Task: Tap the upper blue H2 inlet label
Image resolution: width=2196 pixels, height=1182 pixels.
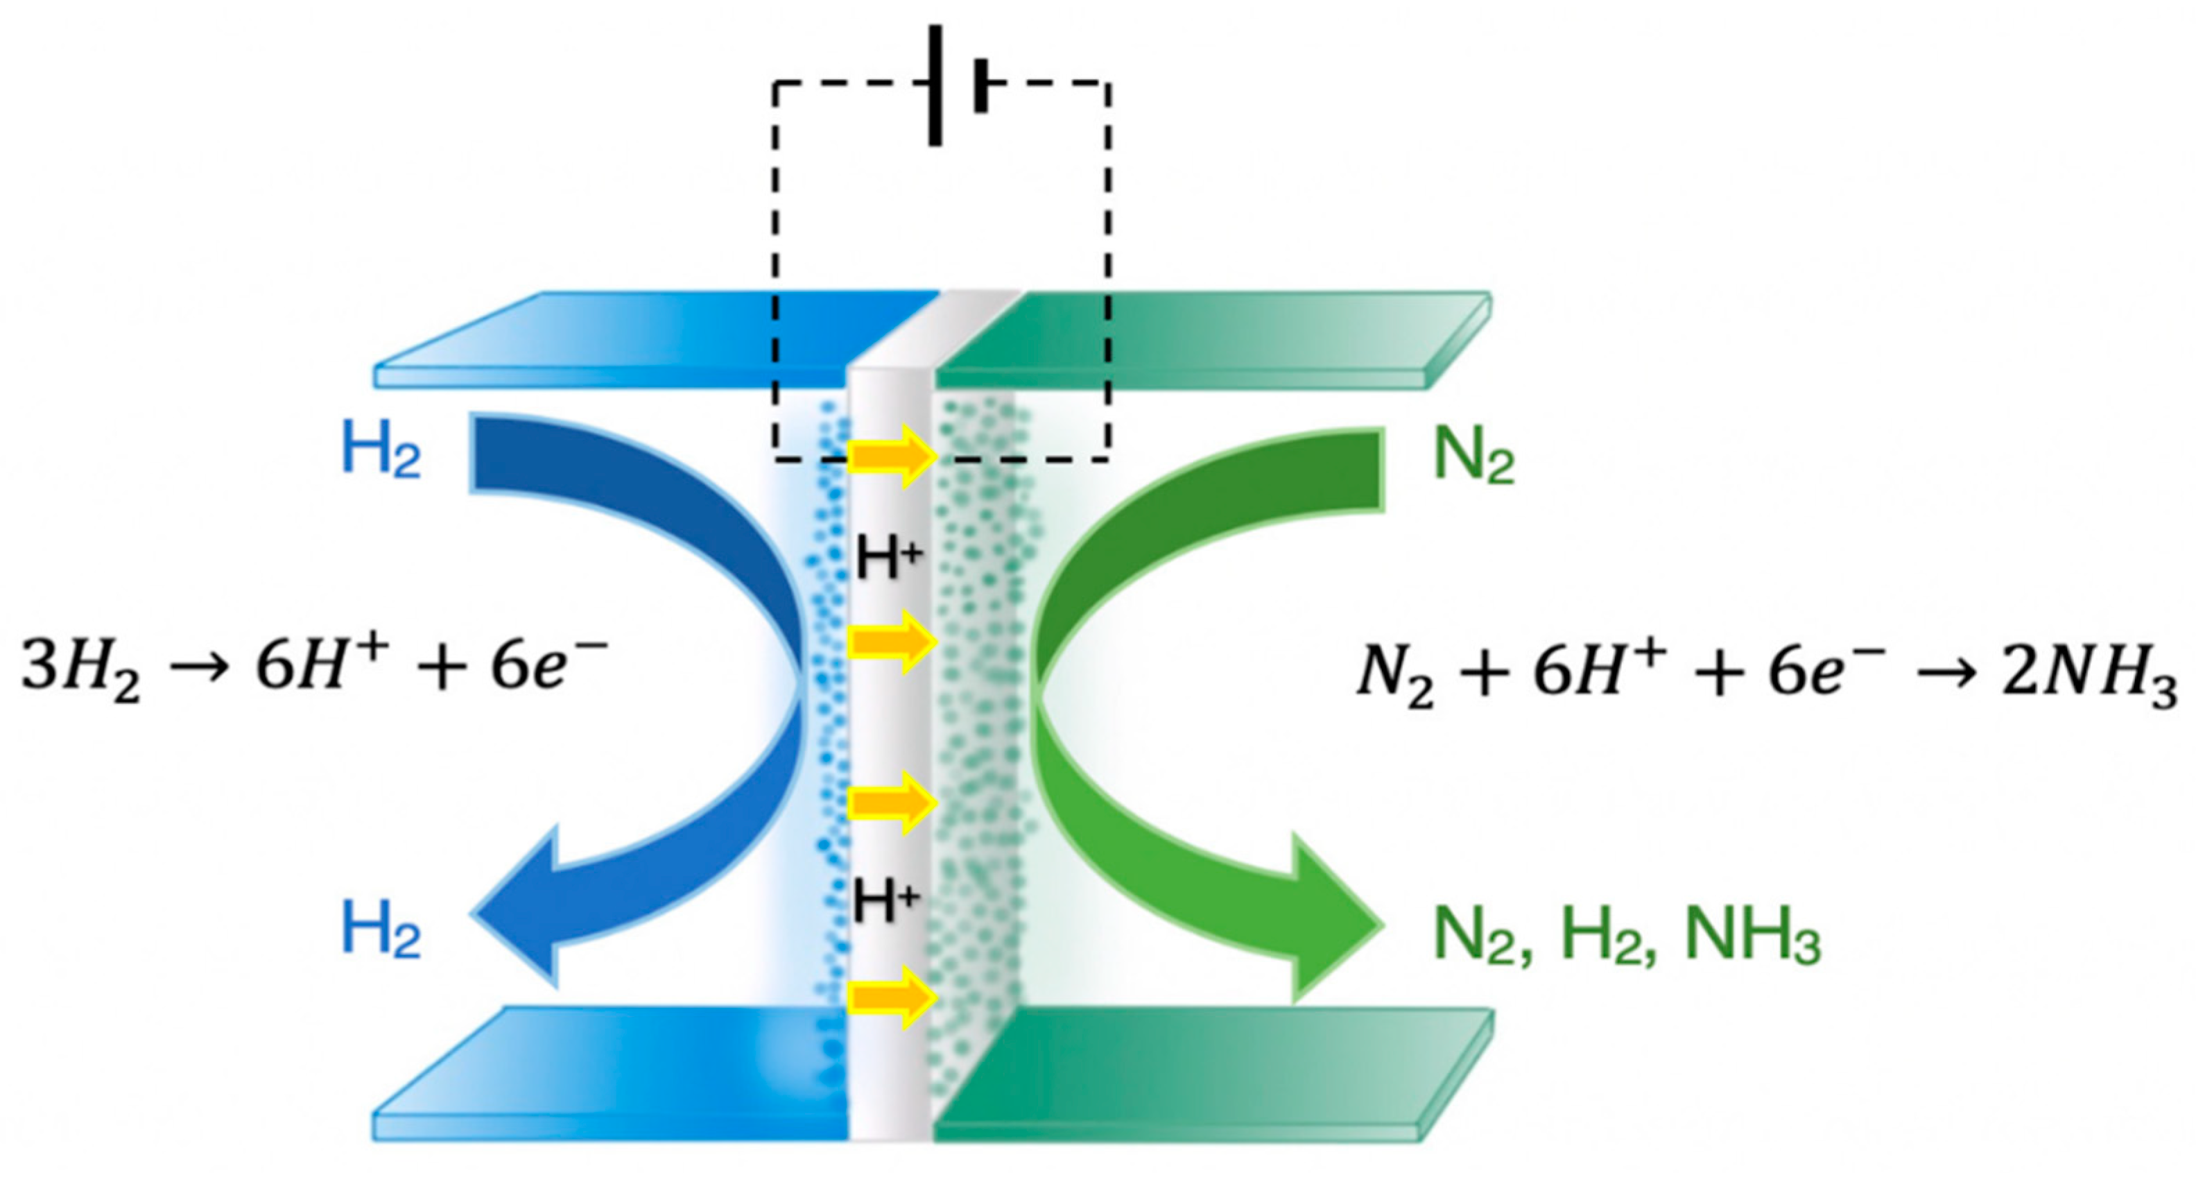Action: [x=381, y=452]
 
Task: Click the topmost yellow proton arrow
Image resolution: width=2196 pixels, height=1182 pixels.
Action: [x=892, y=458]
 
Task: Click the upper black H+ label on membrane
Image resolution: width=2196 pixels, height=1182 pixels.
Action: [x=888, y=561]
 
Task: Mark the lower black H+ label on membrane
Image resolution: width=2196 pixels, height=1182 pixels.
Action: [x=887, y=903]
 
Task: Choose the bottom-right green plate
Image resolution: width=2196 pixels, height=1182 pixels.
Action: [x=1211, y=1074]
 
